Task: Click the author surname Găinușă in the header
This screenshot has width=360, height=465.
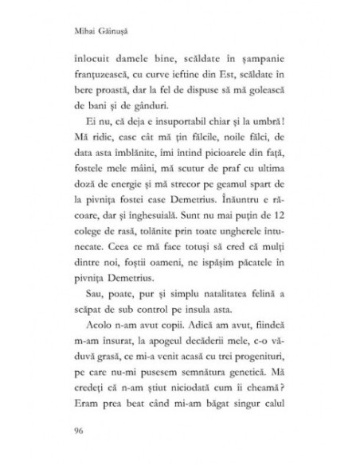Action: click(x=115, y=35)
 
